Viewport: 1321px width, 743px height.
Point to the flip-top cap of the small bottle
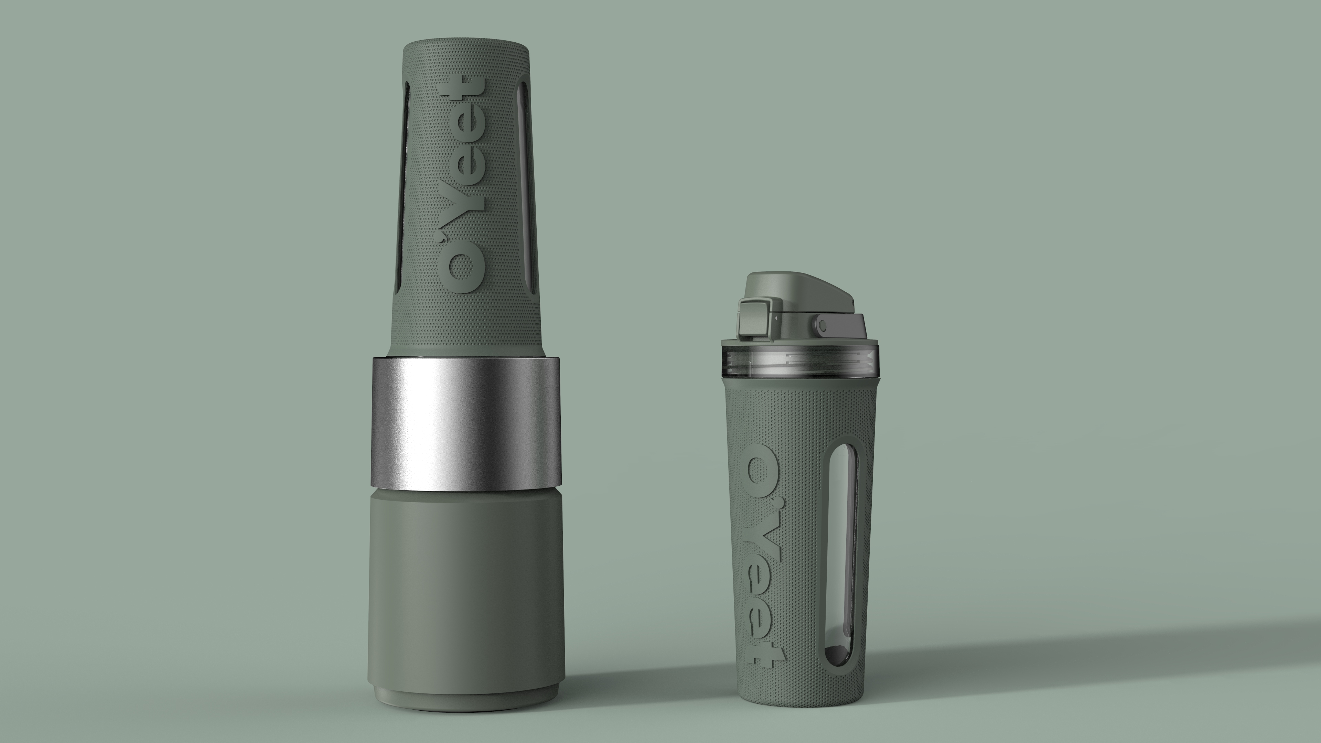click(x=800, y=292)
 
